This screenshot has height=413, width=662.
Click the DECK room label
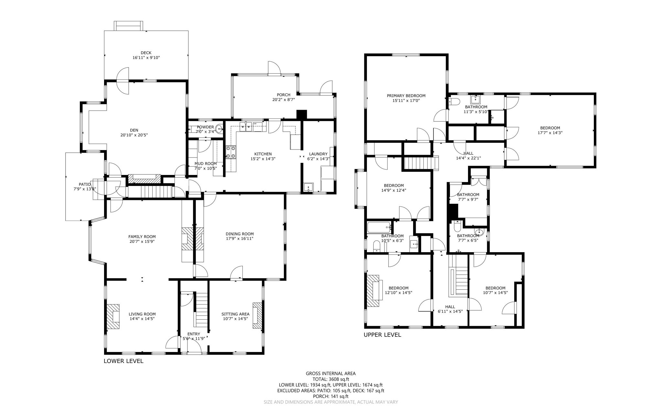146,53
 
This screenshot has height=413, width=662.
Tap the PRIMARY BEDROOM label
406,96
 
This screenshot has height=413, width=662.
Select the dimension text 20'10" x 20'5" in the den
134,135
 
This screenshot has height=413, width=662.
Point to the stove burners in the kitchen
231,152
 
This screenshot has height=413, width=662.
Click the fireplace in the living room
113,316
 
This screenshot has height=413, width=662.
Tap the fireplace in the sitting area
258,315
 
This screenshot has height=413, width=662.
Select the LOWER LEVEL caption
123,361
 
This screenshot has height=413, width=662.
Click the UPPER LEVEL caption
382,335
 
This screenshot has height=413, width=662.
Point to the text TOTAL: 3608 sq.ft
331,379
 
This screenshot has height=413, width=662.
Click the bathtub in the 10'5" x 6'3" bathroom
379,227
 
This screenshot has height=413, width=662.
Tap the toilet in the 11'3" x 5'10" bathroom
454,102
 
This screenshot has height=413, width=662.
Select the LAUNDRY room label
318,154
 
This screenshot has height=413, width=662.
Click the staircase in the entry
202,310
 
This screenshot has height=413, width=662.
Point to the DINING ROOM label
240,234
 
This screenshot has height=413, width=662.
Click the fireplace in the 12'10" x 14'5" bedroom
374,291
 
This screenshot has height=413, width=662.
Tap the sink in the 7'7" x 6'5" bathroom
479,232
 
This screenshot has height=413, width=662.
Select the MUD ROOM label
205,164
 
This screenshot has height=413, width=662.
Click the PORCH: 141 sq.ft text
331,396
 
